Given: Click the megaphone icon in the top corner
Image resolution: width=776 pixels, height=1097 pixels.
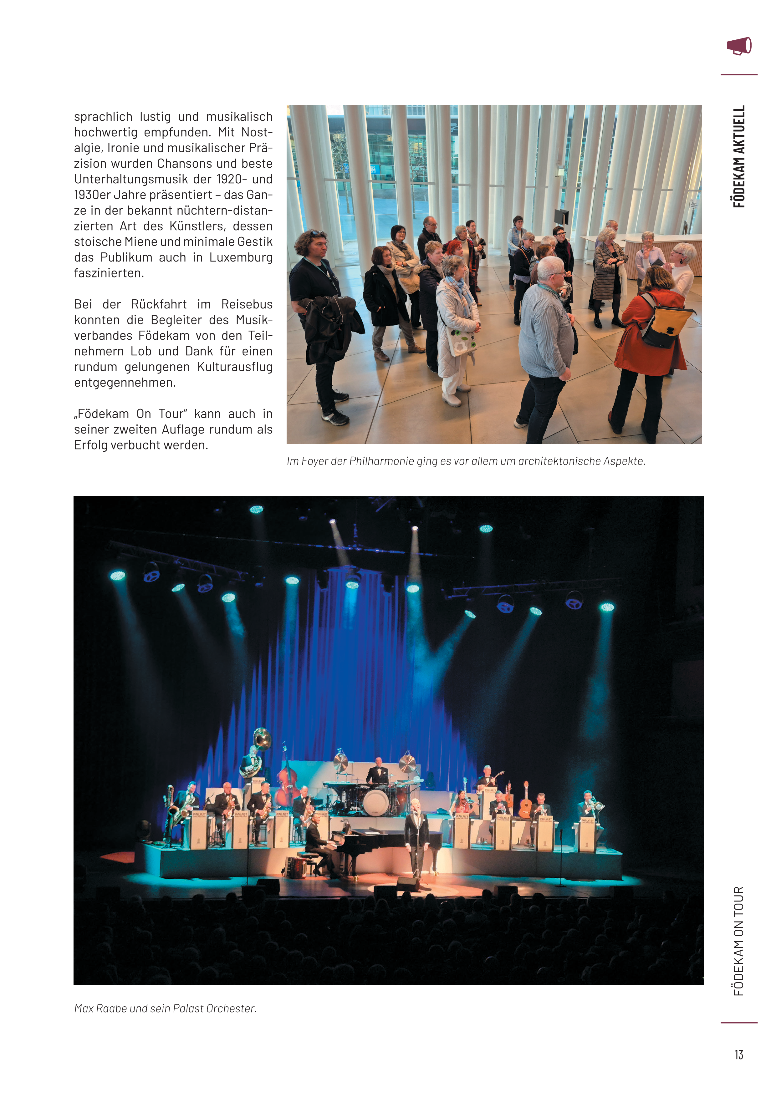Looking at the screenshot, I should (739, 46).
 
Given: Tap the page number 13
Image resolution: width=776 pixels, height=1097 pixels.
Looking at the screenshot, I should (739, 1054).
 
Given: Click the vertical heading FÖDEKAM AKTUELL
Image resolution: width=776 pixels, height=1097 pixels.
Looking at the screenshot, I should (739, 156).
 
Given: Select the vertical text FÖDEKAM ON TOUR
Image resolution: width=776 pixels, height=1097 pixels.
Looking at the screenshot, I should (739, 941).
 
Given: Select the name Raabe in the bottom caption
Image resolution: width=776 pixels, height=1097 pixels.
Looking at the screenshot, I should (111, 1008).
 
